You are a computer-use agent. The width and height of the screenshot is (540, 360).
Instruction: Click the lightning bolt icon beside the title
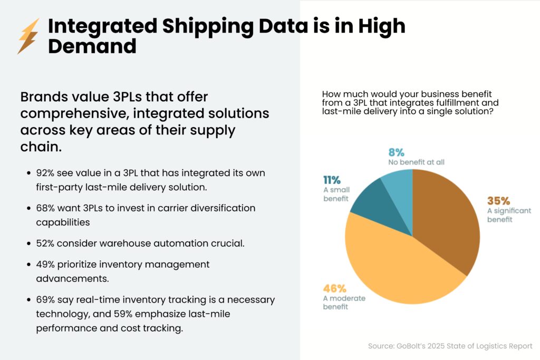[28, 36]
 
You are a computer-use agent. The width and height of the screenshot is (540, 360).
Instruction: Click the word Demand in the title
[92, 46]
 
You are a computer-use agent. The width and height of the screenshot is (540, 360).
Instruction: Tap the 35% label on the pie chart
[498, 201]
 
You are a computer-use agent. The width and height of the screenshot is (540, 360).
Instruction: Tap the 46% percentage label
[334, 288]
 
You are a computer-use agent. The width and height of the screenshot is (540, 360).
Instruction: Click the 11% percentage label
[332, 180]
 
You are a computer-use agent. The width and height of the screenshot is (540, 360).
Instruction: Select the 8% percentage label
[396, 152]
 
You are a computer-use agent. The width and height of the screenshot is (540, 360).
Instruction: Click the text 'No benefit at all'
[413, 162]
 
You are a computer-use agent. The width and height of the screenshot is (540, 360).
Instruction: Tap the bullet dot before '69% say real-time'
[28, 300]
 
